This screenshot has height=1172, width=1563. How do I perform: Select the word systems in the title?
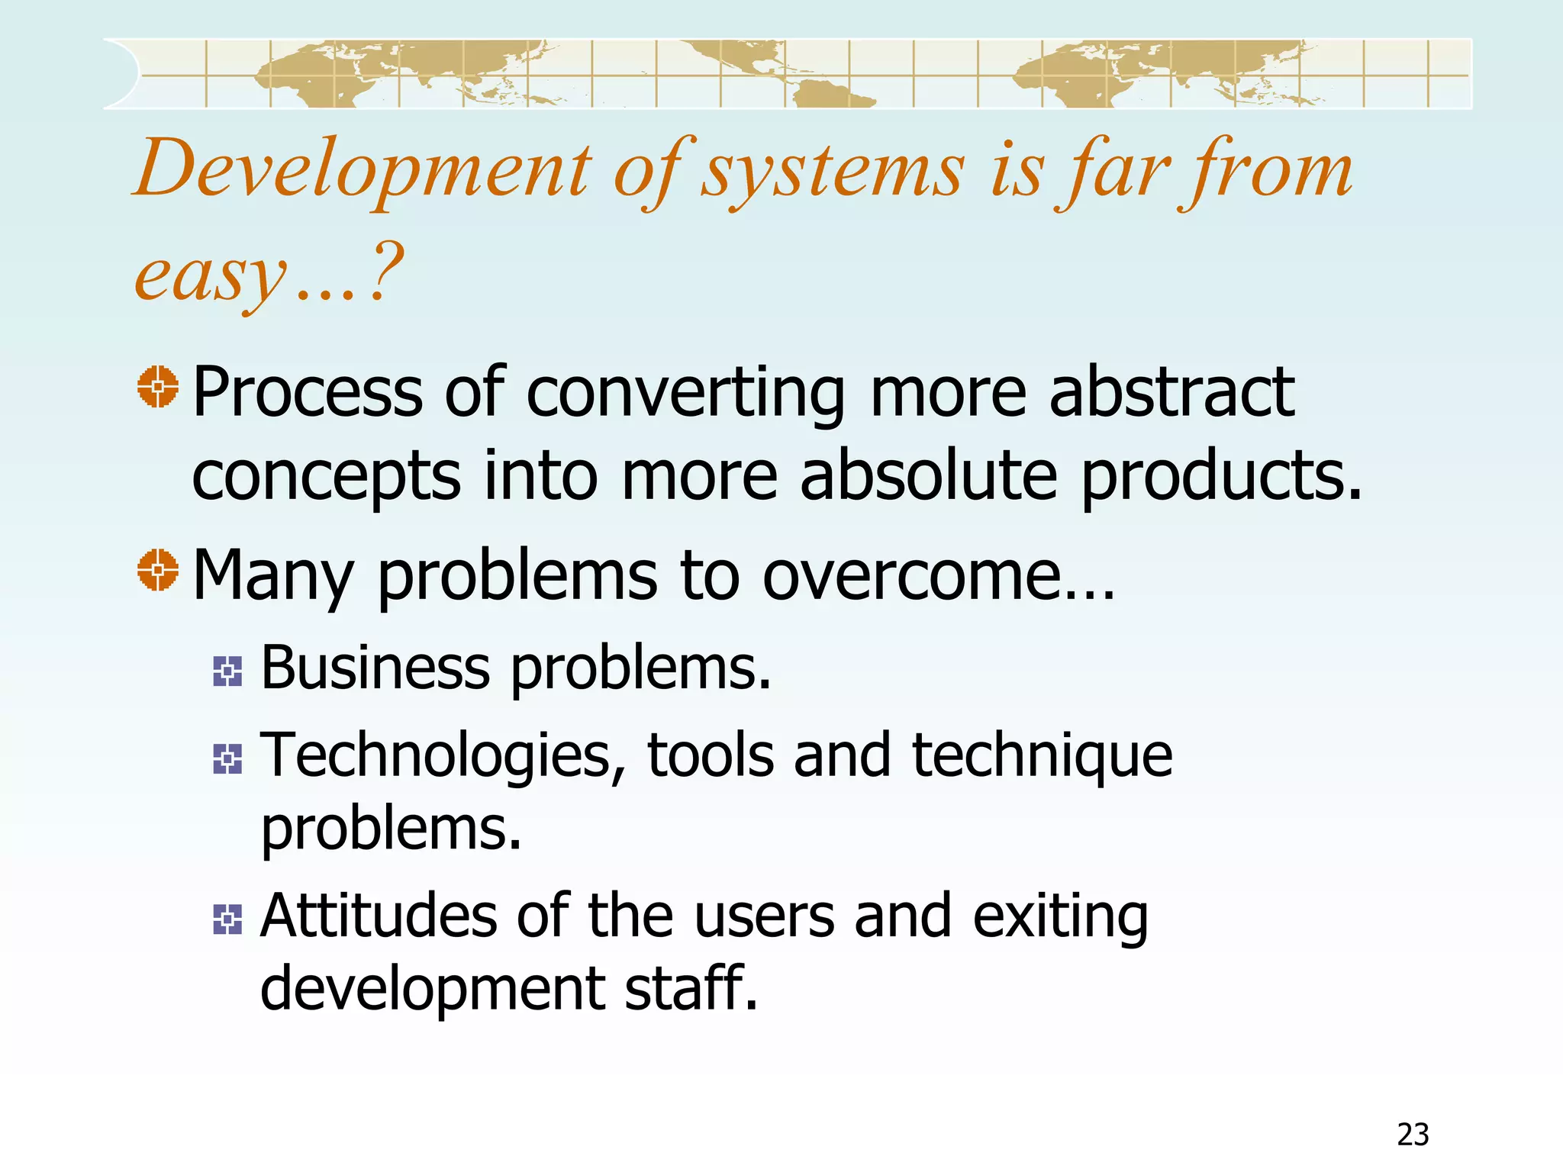click(833, 171)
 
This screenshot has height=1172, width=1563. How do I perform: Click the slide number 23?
click(1413, 1135)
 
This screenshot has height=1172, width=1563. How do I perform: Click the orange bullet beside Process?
click(158, 387)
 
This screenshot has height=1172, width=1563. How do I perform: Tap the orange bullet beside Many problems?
click(158, 570)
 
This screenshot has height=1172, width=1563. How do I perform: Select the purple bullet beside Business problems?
click(227, 671)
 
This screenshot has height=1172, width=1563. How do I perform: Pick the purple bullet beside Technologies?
click(227, 759)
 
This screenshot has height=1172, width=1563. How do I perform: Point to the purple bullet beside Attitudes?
click(227, 919)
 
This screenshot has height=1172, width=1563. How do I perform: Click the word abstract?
click(1171, 392)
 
